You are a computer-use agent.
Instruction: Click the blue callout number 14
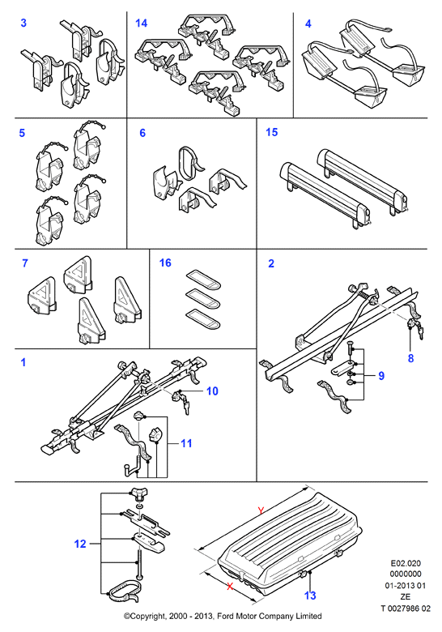[142, 23]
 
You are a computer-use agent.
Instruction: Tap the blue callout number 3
[23, 23]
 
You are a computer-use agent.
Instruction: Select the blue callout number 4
[308, 23]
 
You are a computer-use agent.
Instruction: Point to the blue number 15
[272, 132]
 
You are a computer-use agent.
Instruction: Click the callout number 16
[165, 263]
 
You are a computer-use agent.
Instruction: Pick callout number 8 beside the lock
[410, 358]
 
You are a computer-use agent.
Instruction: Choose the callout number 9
[381, 376]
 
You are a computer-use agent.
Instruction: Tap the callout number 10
[212, 391]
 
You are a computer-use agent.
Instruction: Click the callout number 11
[186, 443]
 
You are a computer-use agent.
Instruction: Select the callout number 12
[80, 544]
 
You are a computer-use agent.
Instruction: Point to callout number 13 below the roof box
[310, 596]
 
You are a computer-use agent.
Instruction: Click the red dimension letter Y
[261, 510]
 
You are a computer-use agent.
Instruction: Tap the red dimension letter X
[230, 586]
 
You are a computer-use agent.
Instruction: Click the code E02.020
[406, 563]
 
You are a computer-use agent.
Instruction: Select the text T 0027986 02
[406, 609]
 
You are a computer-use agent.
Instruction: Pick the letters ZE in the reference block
[406, 597]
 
